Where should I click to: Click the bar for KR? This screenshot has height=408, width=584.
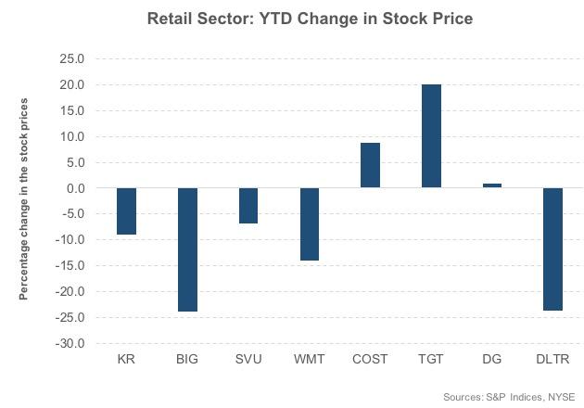pos(127,211)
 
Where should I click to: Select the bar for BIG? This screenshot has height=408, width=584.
pos(188,249)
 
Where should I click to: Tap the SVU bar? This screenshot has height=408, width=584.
pos(248,206)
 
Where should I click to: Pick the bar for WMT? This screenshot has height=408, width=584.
pos(309,224)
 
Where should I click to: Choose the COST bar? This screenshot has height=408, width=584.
pos(370,165)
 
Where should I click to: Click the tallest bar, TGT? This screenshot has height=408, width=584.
pos(430,136)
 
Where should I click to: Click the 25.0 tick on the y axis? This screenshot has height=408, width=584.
pos(71,59)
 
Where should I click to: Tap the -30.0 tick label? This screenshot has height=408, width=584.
pos(70,344)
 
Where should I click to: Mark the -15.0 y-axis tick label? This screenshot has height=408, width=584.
pos(70,266)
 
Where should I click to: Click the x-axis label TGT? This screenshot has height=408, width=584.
pos(430,360)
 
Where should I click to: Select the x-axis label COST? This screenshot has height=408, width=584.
pos(370,360)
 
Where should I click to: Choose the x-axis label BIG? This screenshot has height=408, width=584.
pos(188,360)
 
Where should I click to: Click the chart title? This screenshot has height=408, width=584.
pos(303,19)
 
